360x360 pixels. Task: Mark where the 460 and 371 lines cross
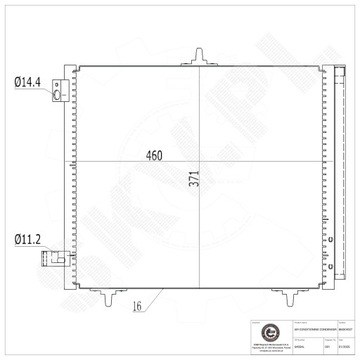(x=199, y=162)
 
